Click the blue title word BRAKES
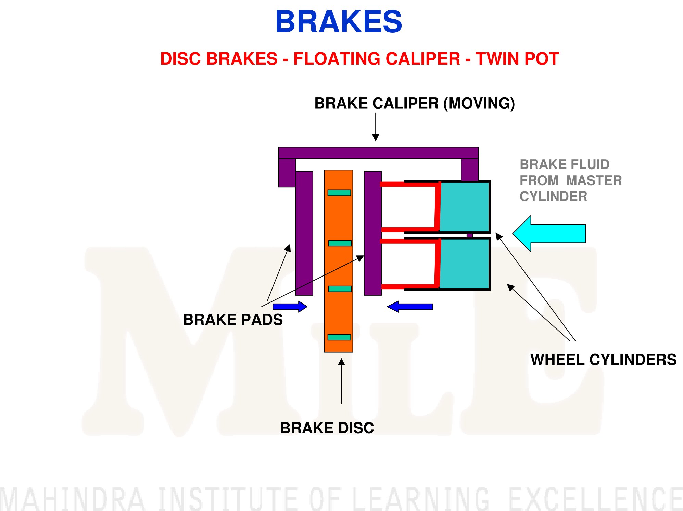pos(339,22)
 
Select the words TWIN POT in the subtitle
pos(517,58)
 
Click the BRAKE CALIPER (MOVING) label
pos(415,103)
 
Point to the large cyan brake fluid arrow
pos(549,234)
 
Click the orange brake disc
pos(339,261)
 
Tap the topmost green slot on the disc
pos(339,193)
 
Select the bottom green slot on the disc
pos(339,337)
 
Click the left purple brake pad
pos(304,233)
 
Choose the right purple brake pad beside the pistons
pos(373,233)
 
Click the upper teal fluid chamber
pos(464,207)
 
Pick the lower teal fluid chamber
pos(464,264)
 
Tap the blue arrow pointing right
pos(290,307)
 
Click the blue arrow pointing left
pos(410,307)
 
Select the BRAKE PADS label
pos(233,320)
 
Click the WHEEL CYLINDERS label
pos(603,360)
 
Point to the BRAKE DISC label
pos(327,428)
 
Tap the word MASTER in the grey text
pos(594,180)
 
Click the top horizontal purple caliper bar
pos(378,153)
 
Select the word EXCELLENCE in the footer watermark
pos(596,499)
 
